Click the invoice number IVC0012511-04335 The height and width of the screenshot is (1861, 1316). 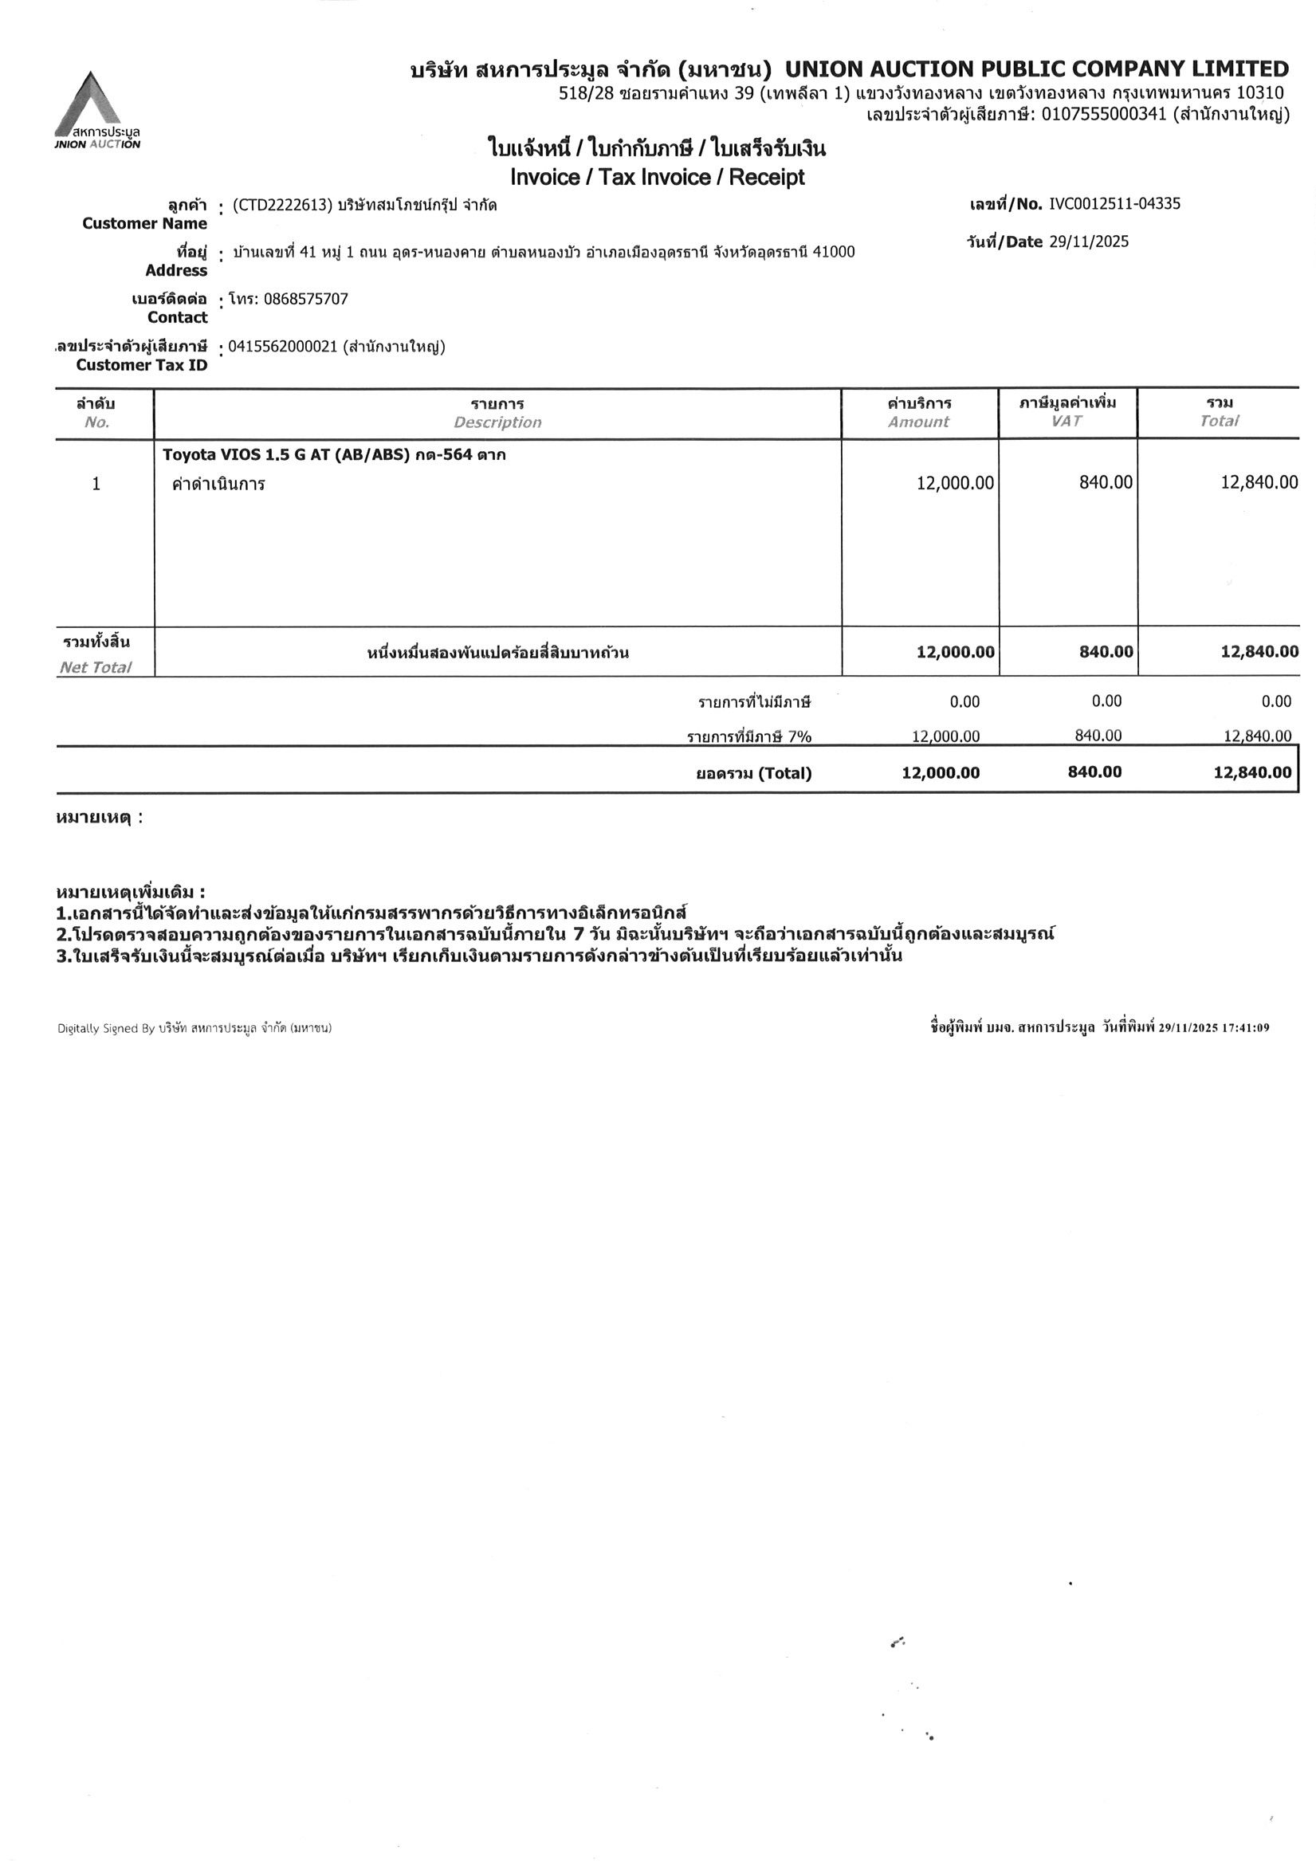tap(1114, 203)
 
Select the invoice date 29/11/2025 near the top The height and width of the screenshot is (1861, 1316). tap(1088, 241)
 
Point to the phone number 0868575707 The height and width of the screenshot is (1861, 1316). tap(306, 299)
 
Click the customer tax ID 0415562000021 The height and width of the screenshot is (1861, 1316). tap(282, 347)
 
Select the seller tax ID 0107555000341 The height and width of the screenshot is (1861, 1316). tap(1103, 114)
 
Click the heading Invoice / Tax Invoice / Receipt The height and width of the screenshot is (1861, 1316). tap(657, 177)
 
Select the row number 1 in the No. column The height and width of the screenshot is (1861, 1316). tap(96, 484)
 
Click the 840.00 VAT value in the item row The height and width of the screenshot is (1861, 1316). tap(1106, 483)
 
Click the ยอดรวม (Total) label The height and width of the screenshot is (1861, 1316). tap(753, 773)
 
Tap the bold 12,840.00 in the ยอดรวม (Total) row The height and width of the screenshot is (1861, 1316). tap(1252, 772)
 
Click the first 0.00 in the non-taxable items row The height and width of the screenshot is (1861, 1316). tap(964, 702)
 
